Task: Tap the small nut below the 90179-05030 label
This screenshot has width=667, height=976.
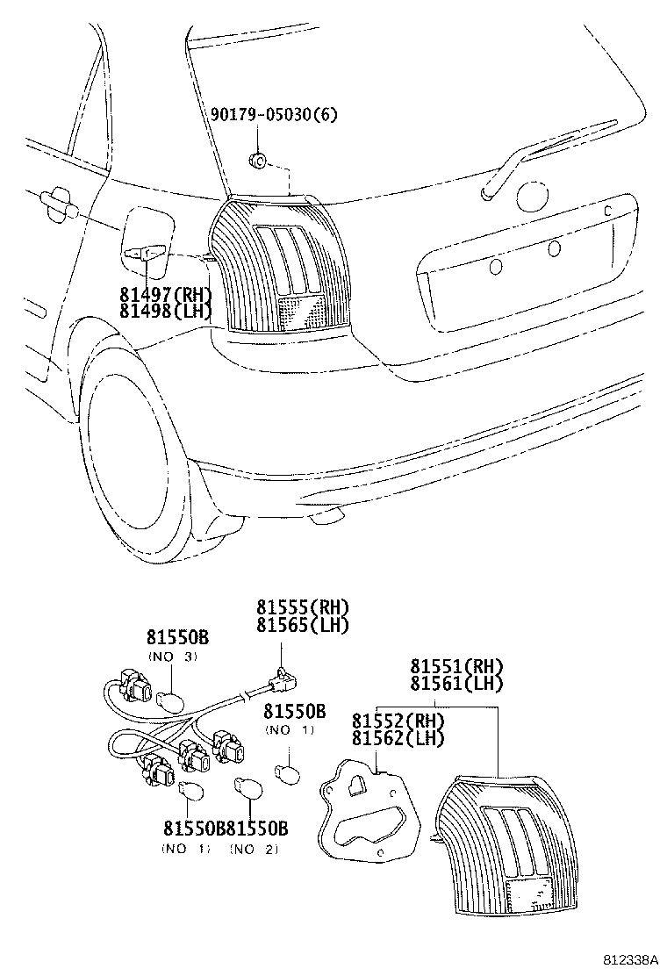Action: tap(258, 159)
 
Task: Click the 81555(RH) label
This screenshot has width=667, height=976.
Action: tap(303, 606)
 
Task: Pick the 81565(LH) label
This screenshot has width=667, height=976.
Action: tap(303, 624)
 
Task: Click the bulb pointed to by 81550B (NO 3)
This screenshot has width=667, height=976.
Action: tap(169, 700)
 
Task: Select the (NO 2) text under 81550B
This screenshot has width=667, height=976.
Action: tap(256, 849)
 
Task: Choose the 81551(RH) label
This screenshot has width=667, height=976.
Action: tap(455, 664)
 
